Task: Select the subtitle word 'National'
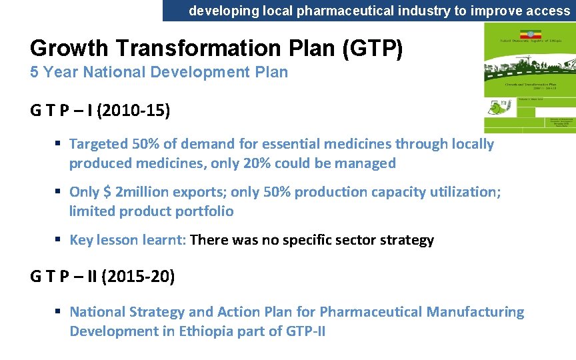point(107,72)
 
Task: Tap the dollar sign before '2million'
point(106,192)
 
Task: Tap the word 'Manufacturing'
point(475,312)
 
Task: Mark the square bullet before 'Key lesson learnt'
point(59,240)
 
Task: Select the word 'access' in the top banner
point(547,11)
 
